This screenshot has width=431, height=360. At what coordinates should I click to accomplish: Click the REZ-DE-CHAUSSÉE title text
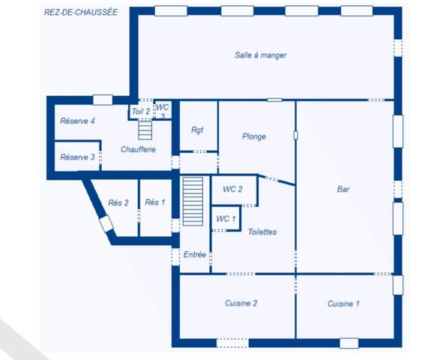[x=81, y=13]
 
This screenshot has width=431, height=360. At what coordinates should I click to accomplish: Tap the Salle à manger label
[x=260, y=55]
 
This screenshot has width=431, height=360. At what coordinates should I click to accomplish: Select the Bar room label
[x=343, y=189]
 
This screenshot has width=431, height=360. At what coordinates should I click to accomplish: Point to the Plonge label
[x=254, y=136]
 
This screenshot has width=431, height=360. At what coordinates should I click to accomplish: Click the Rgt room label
[x=197, y=130]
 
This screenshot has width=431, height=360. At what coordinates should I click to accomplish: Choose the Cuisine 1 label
[x=343, y=304]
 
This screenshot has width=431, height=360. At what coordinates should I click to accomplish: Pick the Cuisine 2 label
[x=241, y=303]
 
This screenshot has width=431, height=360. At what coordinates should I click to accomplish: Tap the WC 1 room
[x=226, y=218]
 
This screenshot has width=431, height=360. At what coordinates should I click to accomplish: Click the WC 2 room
[x=234, y=190]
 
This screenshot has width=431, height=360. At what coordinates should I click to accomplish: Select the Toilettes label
[x=262, y=232]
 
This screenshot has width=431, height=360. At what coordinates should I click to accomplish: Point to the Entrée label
[x=195, y=255]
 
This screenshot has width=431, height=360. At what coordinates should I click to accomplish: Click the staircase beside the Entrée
[x=193, y=201]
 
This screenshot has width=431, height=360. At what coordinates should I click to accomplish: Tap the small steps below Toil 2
[x=145, y=130]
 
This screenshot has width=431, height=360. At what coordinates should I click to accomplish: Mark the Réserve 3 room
[x=77, y=157]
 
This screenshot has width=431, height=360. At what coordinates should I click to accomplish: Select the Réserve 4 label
[x=77, y=121]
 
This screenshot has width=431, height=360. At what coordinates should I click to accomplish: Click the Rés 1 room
[x=155, y=208]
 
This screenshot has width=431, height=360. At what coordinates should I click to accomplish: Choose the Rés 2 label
[x=118, y=203]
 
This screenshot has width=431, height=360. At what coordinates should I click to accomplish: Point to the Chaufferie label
[x=138, y=149]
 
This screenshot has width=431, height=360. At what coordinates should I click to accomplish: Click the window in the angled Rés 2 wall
[x=106, y=223]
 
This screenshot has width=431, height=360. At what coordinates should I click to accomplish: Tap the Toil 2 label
[x=141, y=112]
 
